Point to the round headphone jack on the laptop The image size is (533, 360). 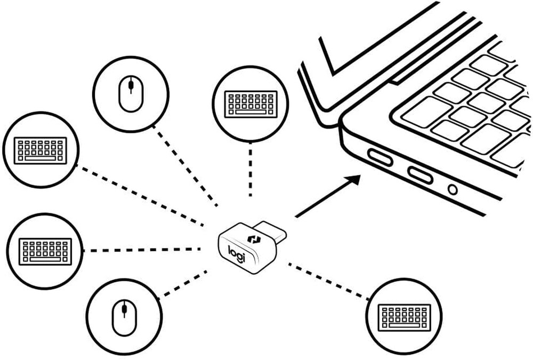[x=453, y=189]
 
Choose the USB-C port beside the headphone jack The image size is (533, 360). [x=420, y=174]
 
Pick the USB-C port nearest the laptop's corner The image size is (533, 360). [x=380, y=157]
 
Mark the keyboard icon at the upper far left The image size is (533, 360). [x=41, y=150]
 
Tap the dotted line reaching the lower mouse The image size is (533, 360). [x=184, y=283]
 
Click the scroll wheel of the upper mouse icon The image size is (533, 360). [x=131, y=86]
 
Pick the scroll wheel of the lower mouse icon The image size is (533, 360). [x=124, y=309]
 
